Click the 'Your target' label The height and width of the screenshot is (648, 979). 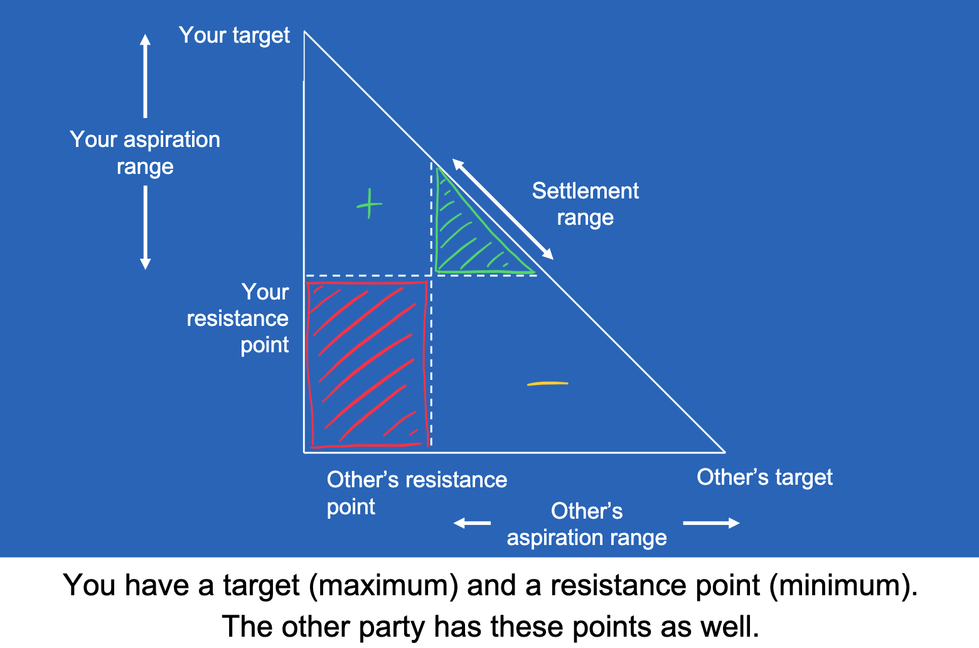[234, 36]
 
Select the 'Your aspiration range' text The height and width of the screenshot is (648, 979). [145, 153]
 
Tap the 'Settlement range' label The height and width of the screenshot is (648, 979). [585, 204]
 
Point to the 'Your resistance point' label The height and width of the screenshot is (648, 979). [238, 318]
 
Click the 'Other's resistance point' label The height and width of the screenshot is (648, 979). [416, 493]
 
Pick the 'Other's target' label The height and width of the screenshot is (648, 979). [764, 478]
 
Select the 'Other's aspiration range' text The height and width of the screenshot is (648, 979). [587, 524]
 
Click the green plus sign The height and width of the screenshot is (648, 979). [369, 204]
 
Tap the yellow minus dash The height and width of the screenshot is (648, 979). [547, 383]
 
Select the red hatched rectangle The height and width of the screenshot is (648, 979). [367, 364]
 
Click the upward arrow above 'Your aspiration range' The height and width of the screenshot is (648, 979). [146, 75]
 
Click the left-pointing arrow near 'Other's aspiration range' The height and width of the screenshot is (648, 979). [472, 523]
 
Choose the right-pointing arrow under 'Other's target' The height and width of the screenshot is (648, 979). [711, 523]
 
